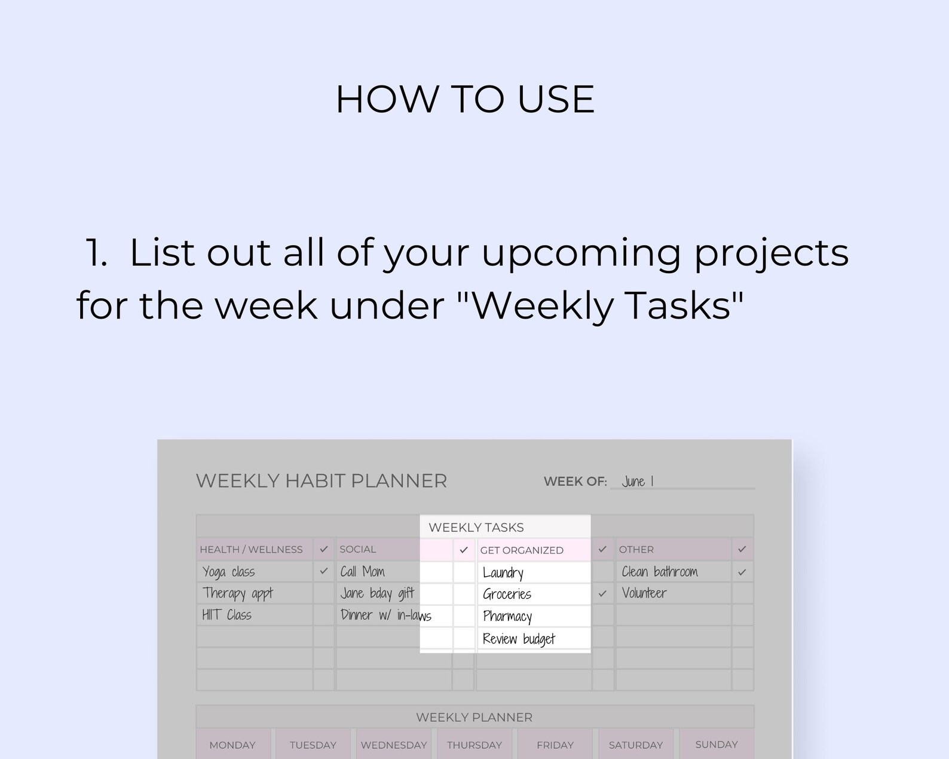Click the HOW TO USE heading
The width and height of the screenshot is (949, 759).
pos(465,99)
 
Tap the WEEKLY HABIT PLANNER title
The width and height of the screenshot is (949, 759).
pos(322,481)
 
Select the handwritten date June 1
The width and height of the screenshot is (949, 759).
pos(638,481)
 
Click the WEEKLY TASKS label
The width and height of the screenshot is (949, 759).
pos(476,527)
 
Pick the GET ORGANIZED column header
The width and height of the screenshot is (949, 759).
pos(522,550)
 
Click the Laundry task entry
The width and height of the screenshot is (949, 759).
pos(503,573)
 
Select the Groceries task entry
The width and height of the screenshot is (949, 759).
pos(507,594)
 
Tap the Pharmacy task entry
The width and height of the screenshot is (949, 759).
pos(507,616)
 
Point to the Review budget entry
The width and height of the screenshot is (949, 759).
pos(519,639)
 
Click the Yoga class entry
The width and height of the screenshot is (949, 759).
pos(229,572)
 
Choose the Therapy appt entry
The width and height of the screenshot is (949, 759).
pos(237,593)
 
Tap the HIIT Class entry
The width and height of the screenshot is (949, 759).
pos(227,615)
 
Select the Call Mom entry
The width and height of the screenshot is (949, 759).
pos(363,572)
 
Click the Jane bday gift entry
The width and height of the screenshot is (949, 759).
pos(377,593)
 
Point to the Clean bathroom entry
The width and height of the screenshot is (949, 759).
pos(660,572)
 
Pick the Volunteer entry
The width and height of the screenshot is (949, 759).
pos(644,593)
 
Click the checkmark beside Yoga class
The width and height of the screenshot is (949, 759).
pos(324,571)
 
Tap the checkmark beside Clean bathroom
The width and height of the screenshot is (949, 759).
pos(742,572)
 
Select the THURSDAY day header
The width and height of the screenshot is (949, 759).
pos(474,745)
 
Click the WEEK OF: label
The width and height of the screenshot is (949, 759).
pos(575,482)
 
